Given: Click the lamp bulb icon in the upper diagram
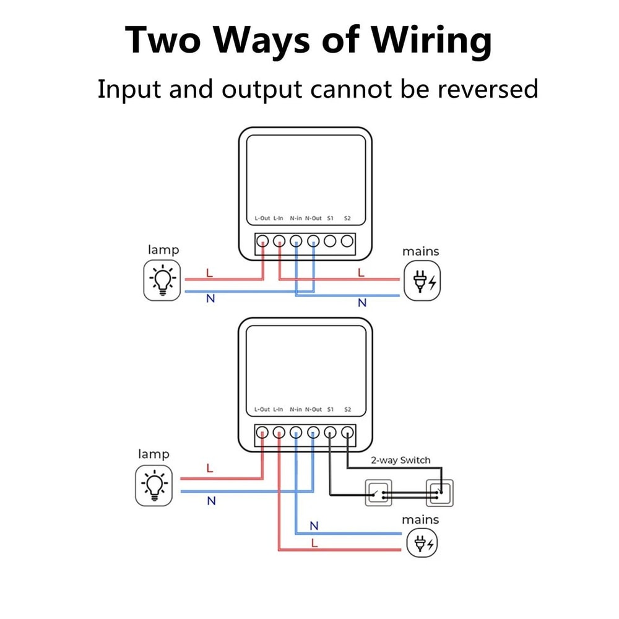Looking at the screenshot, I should [x=162, y=280].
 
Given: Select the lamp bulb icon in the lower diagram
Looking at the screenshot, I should [x=154, y=485].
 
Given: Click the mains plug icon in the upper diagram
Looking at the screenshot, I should [x=424, y=280].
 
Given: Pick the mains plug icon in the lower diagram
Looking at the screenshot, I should [x=423, y=544].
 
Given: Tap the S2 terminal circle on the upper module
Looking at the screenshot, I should [x=347, y=241].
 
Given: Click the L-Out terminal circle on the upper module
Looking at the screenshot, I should [x=262, y=241].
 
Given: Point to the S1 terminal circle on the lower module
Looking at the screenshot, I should [x=331, y=432].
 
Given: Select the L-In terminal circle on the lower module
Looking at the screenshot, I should [x=279, y=432].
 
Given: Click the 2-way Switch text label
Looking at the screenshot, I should [x=400, y=460].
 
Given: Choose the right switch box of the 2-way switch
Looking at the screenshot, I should [x=439, y=493].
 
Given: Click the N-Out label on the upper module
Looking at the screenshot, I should [x=313, y=219].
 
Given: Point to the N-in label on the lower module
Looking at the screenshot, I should [x=296, y=410].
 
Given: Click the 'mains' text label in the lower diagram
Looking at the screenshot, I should [x=420, y=519].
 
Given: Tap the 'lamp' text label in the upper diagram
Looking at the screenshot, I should [x=163, y=250].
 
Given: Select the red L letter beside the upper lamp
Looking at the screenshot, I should [x=209, y=272].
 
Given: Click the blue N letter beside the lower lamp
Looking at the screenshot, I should [x=211, y=501].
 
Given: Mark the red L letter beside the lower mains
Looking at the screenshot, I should [x=314, y=543].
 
